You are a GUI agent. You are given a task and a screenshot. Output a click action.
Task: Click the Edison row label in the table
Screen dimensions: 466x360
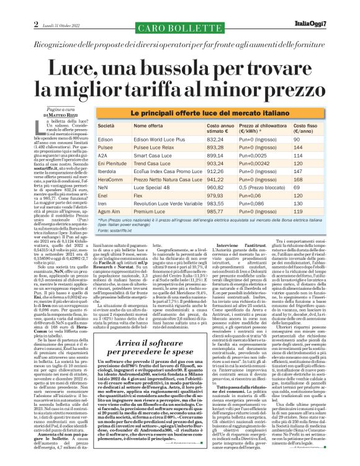(x=109, y=139)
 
